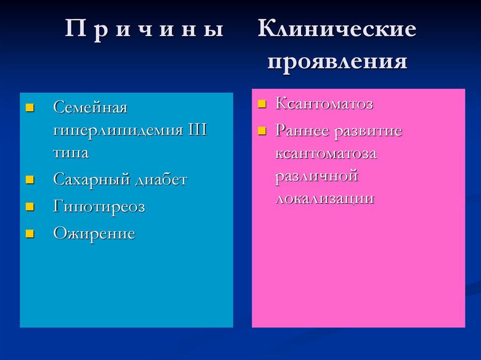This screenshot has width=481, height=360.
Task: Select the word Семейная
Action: click(90, 107)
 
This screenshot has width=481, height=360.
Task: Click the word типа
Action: click(71, 153)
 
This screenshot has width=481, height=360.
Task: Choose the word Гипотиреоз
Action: click(99, 207)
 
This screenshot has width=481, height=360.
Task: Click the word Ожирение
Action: click(94, 233)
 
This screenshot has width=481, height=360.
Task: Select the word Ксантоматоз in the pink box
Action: click(324, 104)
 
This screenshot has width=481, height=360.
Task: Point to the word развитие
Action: click(368, 130)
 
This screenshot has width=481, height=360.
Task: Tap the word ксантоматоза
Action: click(326, 153)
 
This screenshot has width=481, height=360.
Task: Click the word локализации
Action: click(325, 198)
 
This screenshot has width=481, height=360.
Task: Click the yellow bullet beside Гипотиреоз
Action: click(30, 207)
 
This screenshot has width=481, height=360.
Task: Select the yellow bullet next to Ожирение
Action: click(30, 233)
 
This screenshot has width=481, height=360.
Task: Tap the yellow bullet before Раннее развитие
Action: click(262, 130)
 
